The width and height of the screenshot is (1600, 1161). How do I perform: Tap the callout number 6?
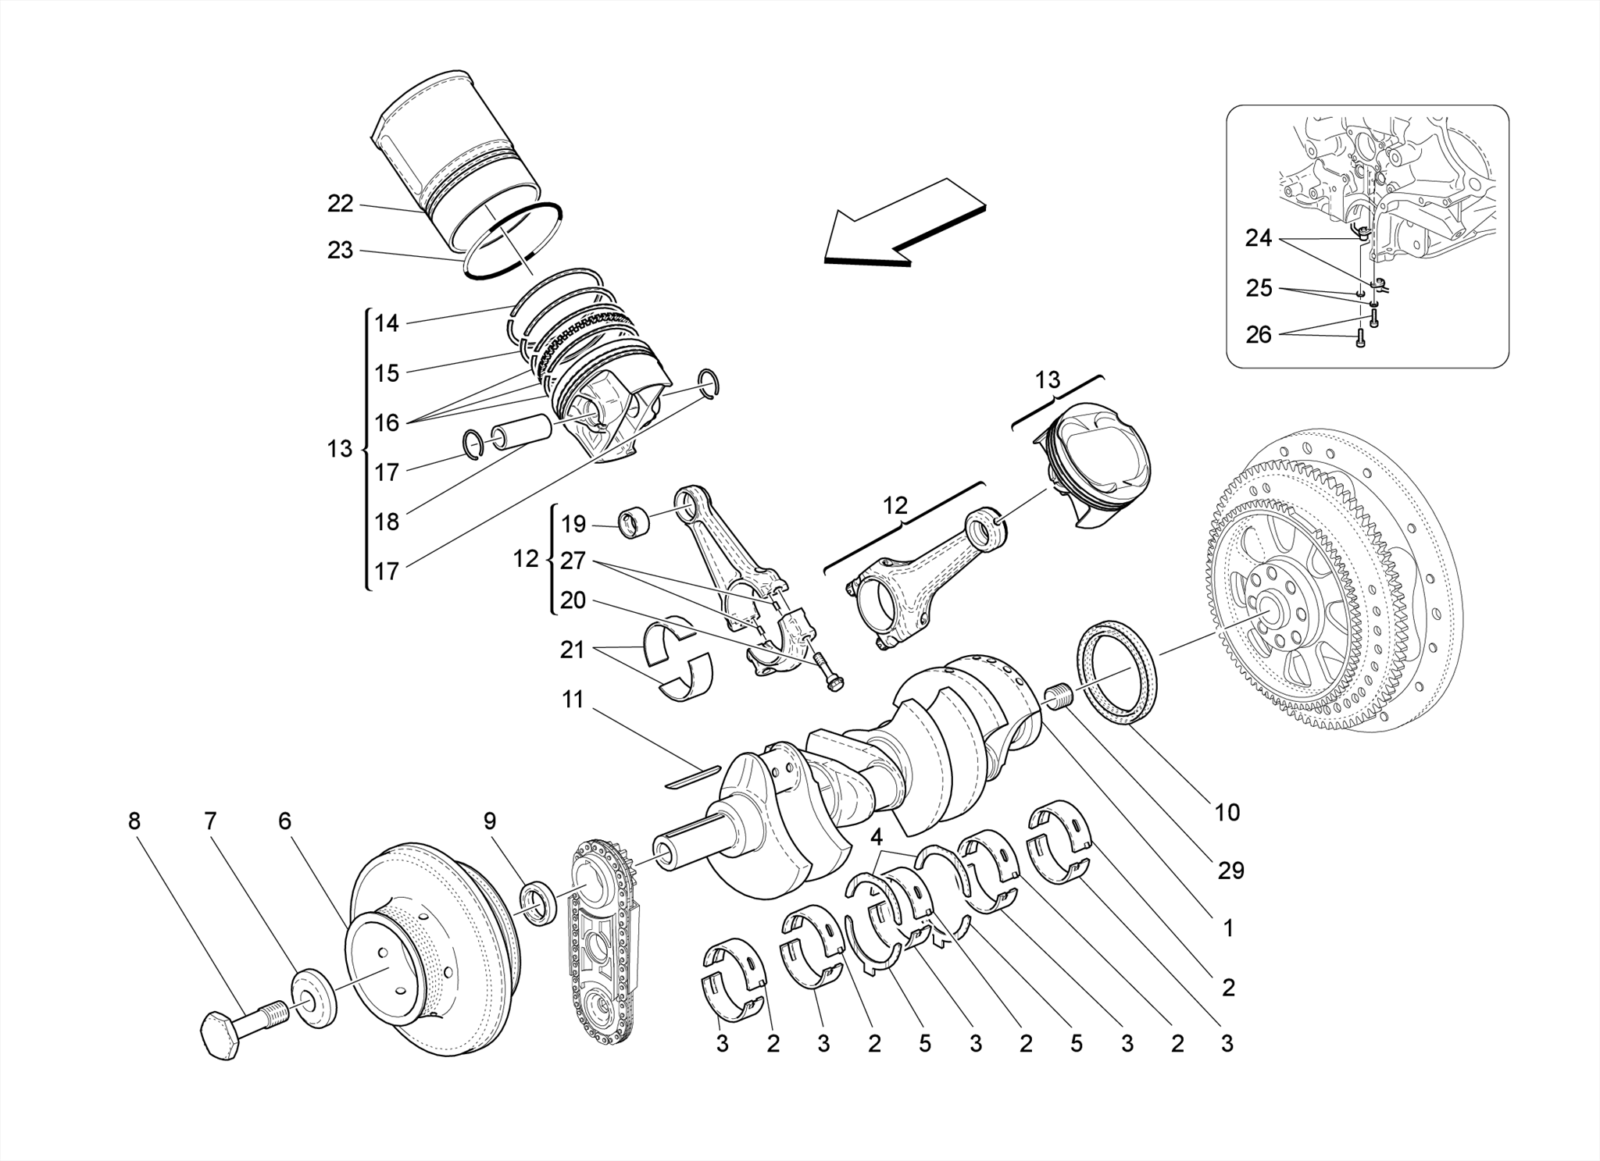click(x=284, y=821)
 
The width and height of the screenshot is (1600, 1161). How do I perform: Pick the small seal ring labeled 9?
click(x=538, y=902)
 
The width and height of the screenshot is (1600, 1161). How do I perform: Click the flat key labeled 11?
click(x=692, y=774)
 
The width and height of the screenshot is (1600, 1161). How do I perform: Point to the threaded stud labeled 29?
click(x=1056, y=696)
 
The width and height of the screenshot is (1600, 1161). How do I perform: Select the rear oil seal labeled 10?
click(x=1117, y=672)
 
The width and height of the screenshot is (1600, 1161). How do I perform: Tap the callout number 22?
click(x=341, y=204)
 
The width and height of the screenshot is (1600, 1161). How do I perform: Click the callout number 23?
click(x=341, y=251)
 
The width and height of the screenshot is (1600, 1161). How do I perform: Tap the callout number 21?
click(x=572, y=650)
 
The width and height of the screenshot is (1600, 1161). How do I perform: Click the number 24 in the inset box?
click(x=1259, y=238)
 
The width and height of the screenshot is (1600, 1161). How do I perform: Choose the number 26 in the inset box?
click(x=1259, y=334)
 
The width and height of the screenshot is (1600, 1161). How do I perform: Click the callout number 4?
click(x=877, y=838)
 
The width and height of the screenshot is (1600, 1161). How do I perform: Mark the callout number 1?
click(x=1228, y=928)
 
